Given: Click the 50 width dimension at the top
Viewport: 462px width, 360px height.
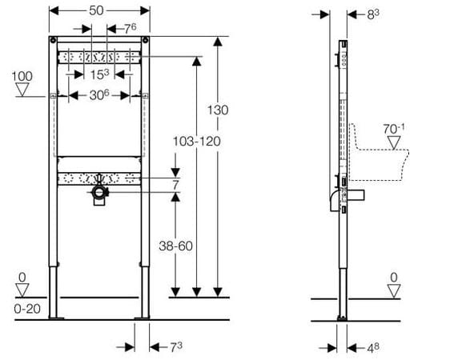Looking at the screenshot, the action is point(96,11).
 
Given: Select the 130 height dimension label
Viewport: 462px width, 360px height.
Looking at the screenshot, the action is point(218,110).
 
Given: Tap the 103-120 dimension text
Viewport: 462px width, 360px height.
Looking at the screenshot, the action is point(196,142).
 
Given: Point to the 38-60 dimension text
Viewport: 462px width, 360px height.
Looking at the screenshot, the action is point(175,246).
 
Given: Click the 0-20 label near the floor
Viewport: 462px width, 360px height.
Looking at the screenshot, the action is point(27,309).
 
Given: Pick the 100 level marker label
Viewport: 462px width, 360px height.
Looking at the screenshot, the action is point(22,77).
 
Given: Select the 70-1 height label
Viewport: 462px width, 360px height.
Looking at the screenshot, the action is point(394,129).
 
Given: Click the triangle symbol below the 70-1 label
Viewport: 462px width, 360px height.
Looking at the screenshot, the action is point(394,142).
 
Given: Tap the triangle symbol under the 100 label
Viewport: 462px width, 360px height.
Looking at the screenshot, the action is point(22,90).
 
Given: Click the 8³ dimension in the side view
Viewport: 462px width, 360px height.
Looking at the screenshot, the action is point(373,14).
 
